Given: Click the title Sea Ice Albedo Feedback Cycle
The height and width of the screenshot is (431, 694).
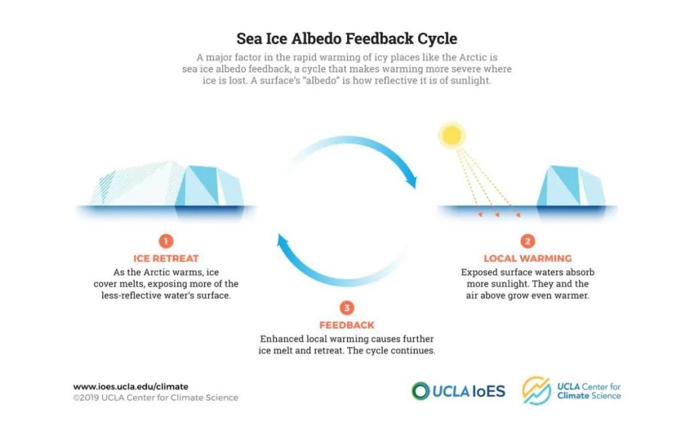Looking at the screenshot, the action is click(x=346, y=39).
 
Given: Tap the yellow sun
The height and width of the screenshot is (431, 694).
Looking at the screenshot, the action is click(x=451, y=135).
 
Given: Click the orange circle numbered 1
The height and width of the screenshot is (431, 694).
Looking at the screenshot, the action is click(x=166, y=241).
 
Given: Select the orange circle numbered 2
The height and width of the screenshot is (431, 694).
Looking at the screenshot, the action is click(x=527, y=241).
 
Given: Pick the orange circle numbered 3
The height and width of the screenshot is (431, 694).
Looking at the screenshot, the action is click(x=346, y=307).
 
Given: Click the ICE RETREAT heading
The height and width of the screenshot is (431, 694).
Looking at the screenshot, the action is click(x=166, y=259).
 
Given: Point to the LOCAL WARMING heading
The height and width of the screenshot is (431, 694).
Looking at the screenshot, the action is click(x=527, y=259).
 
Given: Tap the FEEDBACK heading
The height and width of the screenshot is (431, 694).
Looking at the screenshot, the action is click(x=347, y=325).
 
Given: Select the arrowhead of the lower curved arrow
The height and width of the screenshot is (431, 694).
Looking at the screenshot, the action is click(x=283, y=242).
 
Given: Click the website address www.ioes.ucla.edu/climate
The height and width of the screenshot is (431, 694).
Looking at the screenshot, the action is click(x=131, y=387).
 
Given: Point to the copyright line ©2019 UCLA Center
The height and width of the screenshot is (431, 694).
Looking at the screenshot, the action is click(x=155, y=398).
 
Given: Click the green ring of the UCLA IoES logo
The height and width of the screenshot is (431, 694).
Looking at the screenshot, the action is click(x=420, y=391).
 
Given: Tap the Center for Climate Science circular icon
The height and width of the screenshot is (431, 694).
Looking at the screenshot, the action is click(x=537, y=391).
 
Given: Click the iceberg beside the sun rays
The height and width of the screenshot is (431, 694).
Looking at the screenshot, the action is click(x=571, y=186).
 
